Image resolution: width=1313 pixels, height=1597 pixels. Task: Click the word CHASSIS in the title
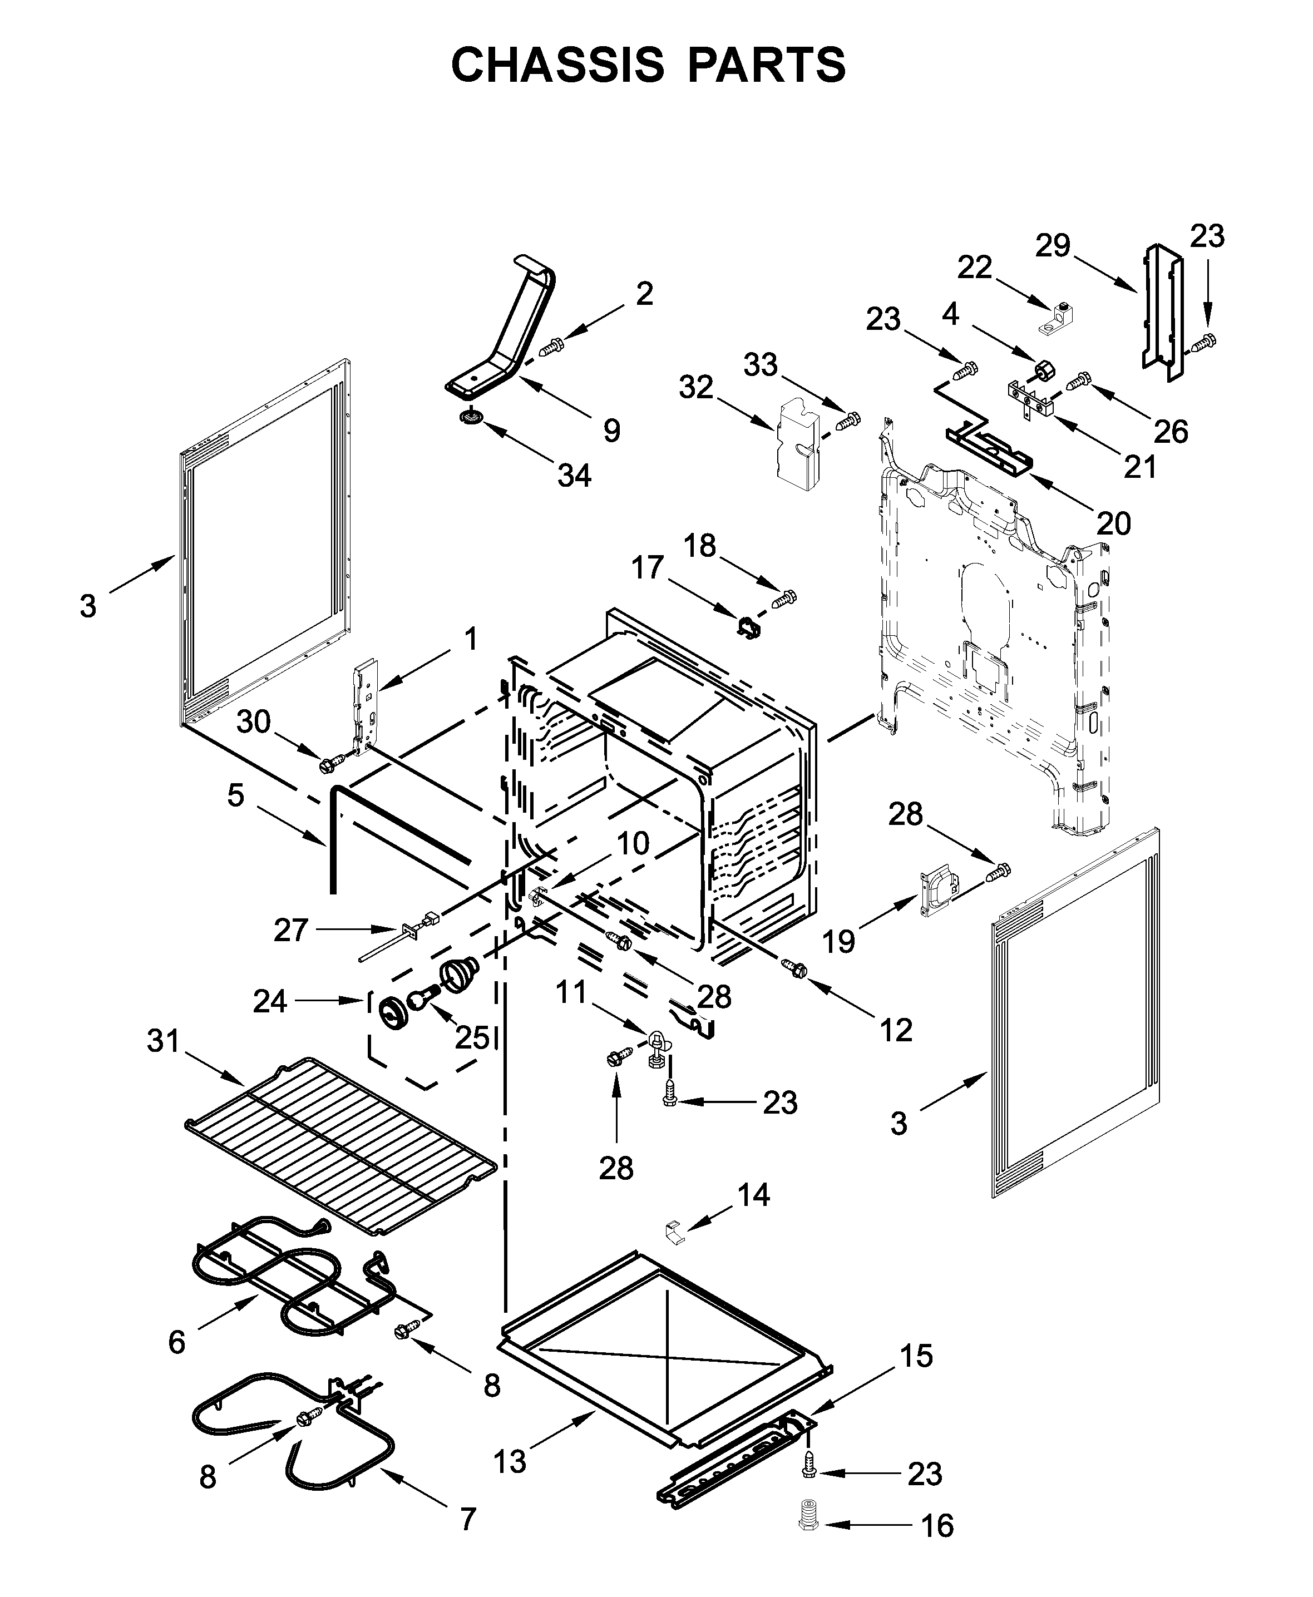pyautogui.click(x=557, y=66)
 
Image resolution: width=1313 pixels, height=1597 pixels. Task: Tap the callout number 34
pyautogui.click(x=574, y=475)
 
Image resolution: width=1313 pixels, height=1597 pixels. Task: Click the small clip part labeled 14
pyautogui.click(x=673, y=1231)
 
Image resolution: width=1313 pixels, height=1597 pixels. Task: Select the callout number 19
pyautogui.click(x=838, y=941)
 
